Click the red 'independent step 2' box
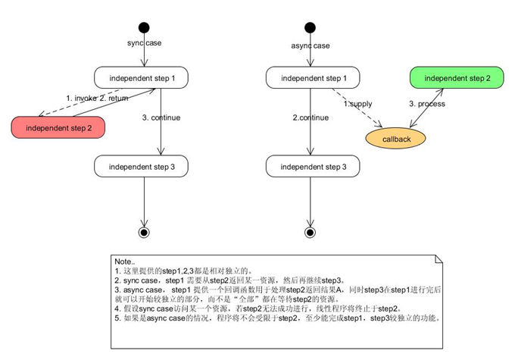point(58,128)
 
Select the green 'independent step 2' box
point(457,78)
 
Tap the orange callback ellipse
point(395,138)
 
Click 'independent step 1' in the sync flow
point(142,77)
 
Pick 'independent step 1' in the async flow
point(308,77)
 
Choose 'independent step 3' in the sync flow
point(142,166)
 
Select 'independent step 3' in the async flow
point(308,166)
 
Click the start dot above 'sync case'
point(144,28)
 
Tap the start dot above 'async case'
point(309,28)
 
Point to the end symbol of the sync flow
point(144,231)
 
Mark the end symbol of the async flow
point(309,231)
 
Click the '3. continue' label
point(162,117)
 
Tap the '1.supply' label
point(357,102)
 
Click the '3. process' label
point(427,103)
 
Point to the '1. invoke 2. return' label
point(98,99)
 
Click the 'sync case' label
point(145,42)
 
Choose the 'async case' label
point(311,45)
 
